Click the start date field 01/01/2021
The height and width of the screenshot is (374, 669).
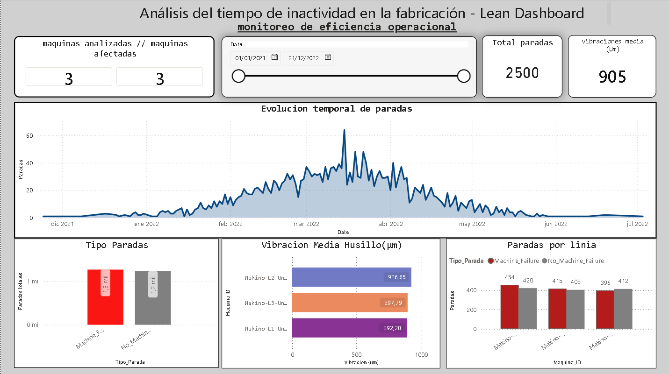click(251, 58)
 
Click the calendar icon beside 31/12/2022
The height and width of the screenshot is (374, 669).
click(328, 57)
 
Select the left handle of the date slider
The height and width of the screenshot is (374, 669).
click(238, 76)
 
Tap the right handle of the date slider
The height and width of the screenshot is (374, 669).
click(464, 76)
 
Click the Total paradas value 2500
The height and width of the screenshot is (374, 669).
click(522, 73)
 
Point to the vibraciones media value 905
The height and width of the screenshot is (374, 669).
click(612, 77)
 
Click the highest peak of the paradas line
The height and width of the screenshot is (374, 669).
click(345, 130)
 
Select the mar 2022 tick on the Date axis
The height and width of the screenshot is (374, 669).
click(306, 224)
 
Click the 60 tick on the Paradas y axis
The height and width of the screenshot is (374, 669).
click(29, 136)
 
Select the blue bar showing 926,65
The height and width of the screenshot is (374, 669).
click(351, 277)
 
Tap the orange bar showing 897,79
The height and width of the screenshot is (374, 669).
click(349, 303)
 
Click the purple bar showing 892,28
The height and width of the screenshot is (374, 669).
click(349, 328)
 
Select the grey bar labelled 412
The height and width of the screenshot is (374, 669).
click(623, 309)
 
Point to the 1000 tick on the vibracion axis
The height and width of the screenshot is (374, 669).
click(421, 355)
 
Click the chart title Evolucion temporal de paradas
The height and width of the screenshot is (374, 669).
click(336, 109)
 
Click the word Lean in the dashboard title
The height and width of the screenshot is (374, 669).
click(493, 13)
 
